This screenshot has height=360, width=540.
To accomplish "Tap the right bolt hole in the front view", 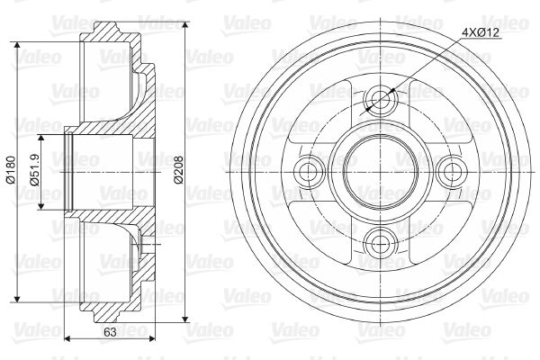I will (x=446, y=169).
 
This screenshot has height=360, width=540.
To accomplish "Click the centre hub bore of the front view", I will (x=379, y=168).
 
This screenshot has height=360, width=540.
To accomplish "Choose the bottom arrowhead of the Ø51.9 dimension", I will (x=40, y=206).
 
